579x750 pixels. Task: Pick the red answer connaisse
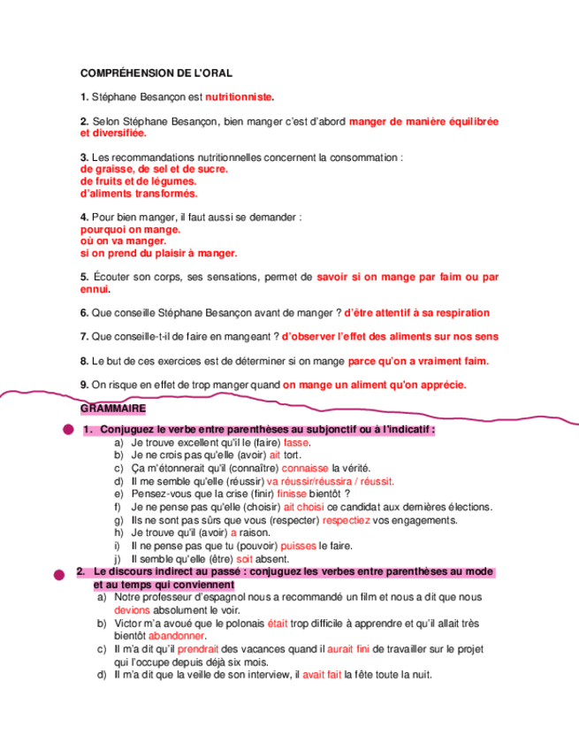tap(306, 468)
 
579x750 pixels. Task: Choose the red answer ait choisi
tap(304, 508)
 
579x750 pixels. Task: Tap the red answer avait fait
tap(322, 675)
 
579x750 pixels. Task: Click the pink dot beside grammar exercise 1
tap(67, 430)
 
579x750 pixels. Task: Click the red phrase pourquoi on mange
tap(130, 229)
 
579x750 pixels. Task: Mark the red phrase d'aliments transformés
tap(139, 193)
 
